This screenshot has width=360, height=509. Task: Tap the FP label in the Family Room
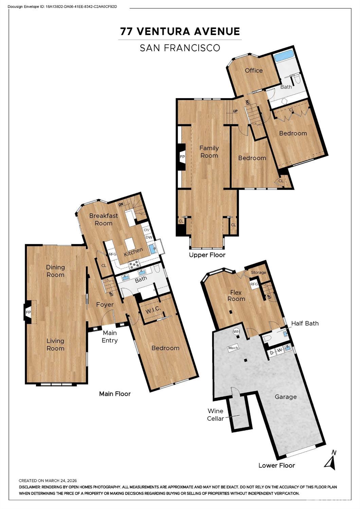coord(182,157)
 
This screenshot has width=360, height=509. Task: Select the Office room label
coord(254,70)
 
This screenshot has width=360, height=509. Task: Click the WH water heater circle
coord(236,332)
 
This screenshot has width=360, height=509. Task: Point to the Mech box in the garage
coord(233,348)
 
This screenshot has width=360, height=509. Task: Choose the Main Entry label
coord(110,336)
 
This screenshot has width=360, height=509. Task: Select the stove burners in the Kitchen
coord(134,264)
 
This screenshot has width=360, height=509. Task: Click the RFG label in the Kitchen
coord(113,254)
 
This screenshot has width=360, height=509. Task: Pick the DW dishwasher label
coord(149,237)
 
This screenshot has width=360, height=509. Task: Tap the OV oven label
coord(147,230)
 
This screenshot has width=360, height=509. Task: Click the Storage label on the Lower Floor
coord(258,273)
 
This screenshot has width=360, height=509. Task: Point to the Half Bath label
coord(305,323)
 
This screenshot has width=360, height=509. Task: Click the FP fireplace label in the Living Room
coord(28,312)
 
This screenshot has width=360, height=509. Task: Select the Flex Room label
coord(236,295)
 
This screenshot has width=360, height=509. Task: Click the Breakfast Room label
coord(104,219)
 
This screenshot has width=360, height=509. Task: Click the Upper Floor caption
coord(207,255)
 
